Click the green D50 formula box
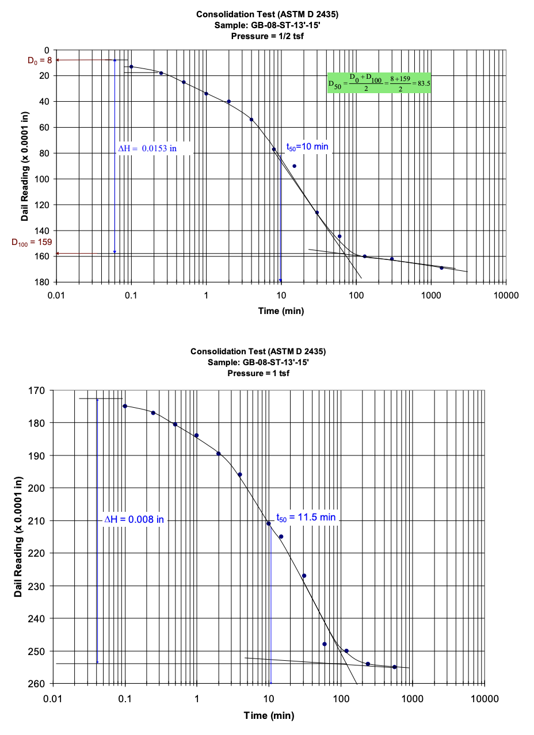click(x=379, y=83)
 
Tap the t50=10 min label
click(x=308, y=147)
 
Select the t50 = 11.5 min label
click(x=306, y=518)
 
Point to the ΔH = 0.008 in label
click(x=134, y=519)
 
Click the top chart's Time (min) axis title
click(x=281, y=311)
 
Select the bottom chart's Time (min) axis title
click(x=269, y=715)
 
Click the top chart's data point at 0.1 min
click(x=131, y=67)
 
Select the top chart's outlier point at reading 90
click(x=294, y=166)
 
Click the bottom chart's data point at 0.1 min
click(x=125, y=406)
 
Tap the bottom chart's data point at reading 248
click(x=325, y=644)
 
